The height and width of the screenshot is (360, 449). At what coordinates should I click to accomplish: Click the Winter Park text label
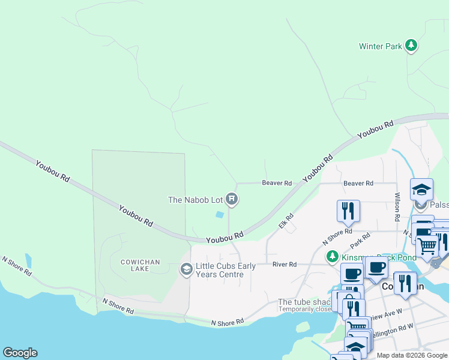[x=380, y=46]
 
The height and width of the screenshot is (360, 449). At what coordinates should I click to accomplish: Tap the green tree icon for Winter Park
[x=411, y=46]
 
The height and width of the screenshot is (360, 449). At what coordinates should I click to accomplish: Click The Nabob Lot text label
[x=195, y=200]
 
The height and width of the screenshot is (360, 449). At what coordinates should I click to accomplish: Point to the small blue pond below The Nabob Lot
[x=219, y=214]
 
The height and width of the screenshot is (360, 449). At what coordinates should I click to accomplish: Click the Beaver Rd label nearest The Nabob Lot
[x=277, y=183]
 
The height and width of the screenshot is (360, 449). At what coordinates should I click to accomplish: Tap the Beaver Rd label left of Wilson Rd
[x=358, y=183]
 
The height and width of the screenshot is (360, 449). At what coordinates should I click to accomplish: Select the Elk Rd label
[x=286, y=220]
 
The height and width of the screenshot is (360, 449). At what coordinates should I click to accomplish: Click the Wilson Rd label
[x=397, y=207]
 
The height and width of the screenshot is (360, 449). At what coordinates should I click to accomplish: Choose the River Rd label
[x=284, y=264]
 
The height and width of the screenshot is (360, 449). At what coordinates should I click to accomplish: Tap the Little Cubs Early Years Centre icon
[x=187, y=270]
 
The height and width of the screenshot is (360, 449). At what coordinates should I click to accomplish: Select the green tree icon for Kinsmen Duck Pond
[x=332, y=257]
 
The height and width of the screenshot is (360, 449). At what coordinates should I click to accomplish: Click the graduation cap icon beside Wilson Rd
[x=421, y=190]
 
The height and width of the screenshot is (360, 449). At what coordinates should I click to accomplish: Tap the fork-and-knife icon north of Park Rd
[x=348, y=211]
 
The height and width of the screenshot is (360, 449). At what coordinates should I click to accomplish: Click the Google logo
[x=20, y=353]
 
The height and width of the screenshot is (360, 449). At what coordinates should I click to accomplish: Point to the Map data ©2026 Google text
[x=411, y=355]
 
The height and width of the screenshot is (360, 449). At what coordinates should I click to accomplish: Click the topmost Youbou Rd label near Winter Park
[x=376, y=130]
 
